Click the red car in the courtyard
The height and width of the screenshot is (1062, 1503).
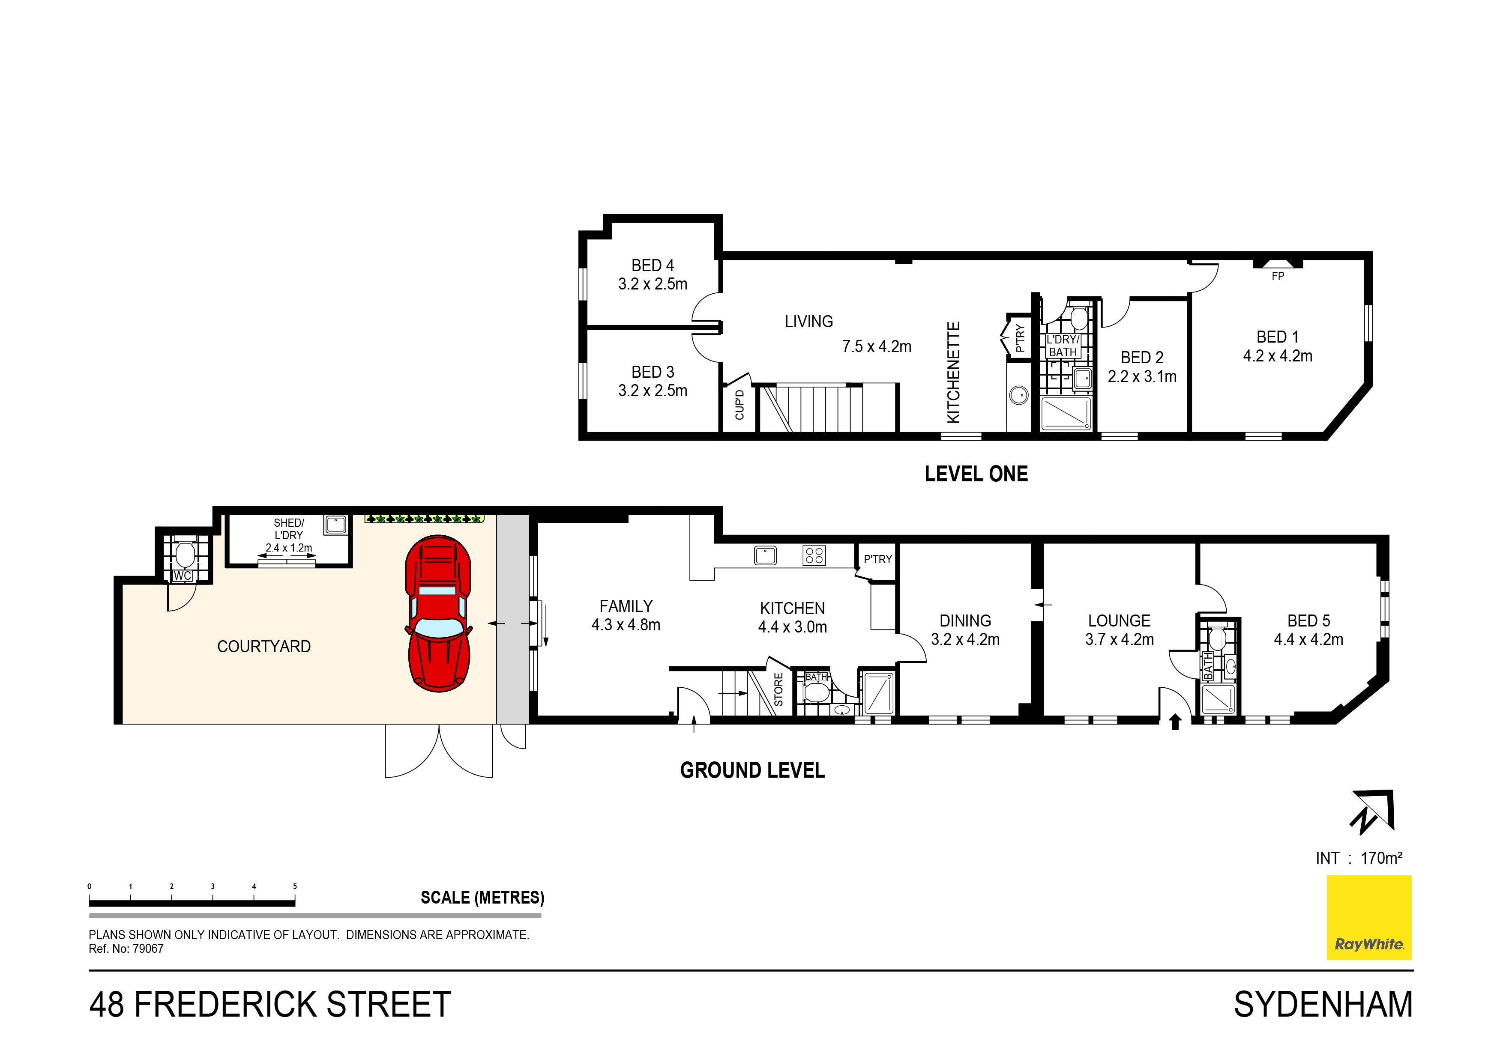point(438,613)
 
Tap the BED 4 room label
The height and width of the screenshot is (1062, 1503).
point(652,265)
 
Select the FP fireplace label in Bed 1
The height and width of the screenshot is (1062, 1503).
point(1277,277)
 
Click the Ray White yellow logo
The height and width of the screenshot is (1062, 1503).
point(1368,917)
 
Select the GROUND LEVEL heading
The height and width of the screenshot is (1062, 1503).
point(752,770)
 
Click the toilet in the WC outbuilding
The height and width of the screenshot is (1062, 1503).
point(185,554)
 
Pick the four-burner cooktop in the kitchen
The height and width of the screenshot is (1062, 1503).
point(814,555)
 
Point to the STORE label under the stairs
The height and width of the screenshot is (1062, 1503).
point(778,690)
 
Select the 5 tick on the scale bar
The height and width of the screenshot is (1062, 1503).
point(295,887)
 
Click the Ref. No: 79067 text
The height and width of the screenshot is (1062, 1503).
point(126,949)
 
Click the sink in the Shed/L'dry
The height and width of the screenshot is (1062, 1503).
point(335,524)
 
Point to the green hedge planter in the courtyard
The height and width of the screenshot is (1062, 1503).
point(424,519)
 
